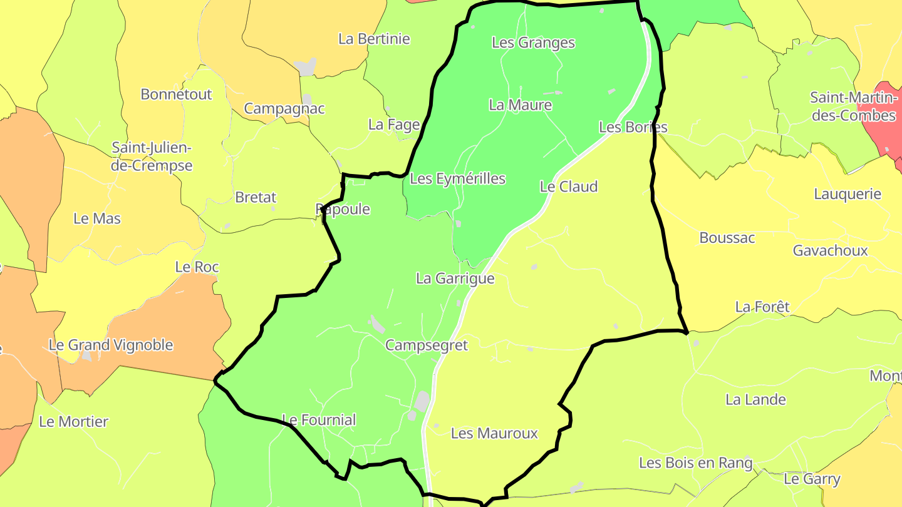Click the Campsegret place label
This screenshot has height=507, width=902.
427,346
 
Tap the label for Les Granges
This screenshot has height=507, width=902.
533,43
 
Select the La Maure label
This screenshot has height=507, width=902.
520,105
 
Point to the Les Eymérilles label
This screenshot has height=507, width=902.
457,179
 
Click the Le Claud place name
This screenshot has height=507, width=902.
569,187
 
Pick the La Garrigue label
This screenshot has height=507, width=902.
455,279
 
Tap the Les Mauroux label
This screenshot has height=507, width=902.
494,433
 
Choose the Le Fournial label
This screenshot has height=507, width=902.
319,420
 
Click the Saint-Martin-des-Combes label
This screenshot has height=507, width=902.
853,106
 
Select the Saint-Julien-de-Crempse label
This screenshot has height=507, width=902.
152,156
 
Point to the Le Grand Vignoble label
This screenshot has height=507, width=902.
110,345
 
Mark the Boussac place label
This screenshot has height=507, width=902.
727,238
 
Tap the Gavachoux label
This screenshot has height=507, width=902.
830,250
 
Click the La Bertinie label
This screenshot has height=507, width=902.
374,39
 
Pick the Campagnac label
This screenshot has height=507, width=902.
284,109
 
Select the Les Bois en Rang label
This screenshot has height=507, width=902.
695,463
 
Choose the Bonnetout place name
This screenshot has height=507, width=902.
176,95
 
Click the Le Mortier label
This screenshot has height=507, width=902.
74,422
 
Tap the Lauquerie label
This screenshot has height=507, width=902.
847,194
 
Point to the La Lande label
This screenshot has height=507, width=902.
755,399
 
